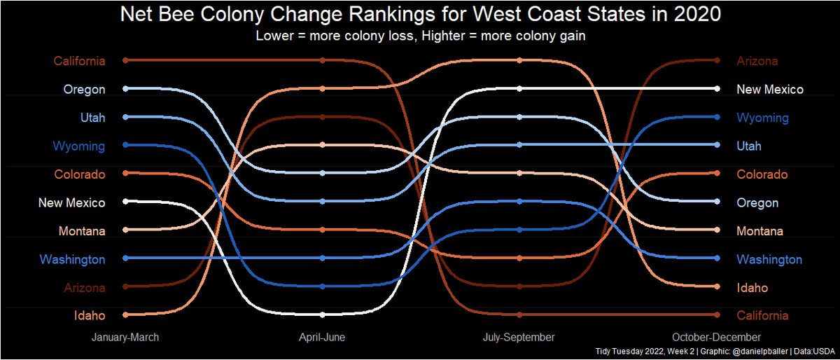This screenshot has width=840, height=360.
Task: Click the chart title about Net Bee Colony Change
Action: pos(421,15)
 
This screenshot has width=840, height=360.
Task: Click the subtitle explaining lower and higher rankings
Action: pos(421,36)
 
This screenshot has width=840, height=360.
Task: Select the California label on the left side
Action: pos(80,61)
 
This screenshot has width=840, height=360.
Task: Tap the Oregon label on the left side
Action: pos(84,90)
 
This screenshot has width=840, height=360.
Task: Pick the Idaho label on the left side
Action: pos(90,316)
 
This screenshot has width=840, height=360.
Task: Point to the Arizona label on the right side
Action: pos(757,61)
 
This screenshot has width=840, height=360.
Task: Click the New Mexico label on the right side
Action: pos(769,90)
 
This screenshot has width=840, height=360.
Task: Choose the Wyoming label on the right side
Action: pos(762,118)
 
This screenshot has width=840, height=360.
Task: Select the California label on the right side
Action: pos(762,316)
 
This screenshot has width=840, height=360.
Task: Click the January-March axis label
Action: pos(125,338)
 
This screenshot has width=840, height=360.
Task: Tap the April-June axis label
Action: pos(322,338)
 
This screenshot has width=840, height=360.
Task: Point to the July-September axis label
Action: pos(519,338)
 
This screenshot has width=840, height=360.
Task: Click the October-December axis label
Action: pos(716,338)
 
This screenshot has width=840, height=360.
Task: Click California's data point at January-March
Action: pos(125,60)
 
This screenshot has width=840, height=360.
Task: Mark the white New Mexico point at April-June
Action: pos(322,314)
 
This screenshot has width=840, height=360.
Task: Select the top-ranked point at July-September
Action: pos(519,60)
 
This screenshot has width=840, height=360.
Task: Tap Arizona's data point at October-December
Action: pos(716,60)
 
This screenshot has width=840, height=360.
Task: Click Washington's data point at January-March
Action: pos(125,258)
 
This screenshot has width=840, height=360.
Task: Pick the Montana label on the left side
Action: pos(83,231)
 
